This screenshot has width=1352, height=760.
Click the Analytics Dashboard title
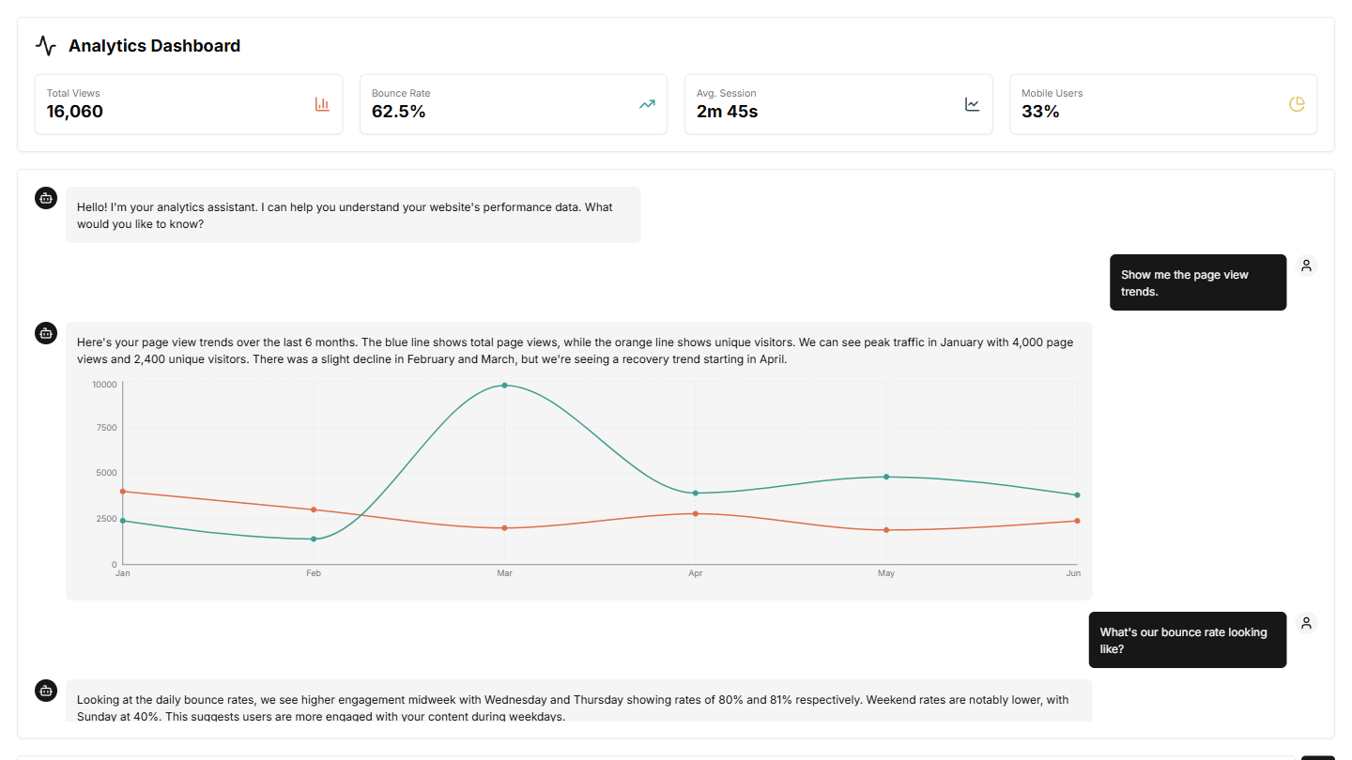click(154, 46)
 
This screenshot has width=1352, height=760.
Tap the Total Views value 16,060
click(75, 112)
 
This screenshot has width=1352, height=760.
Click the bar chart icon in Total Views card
click(322, 104)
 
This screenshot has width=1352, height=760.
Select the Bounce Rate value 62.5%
click(399, 112)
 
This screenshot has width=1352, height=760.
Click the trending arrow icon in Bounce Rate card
click(647, 104)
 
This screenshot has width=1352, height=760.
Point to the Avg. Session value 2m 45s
click(727, 112)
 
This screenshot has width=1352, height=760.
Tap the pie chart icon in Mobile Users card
click(1297, 104)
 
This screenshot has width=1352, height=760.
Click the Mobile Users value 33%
click(1040, 112)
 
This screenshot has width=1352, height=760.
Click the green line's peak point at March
click(504, 385)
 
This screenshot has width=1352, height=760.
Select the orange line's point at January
click(123, 492)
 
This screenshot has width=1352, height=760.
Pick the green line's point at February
click(314, 539)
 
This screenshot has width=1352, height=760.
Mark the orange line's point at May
click(885, 530)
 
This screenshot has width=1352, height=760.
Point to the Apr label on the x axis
click(695, 573)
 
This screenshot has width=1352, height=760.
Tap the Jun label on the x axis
click(1073, 573)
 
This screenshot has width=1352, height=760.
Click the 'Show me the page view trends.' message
click(1197, 282)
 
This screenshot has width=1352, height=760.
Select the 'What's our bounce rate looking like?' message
click(1187, 640)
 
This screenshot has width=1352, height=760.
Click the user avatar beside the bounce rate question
click(1306, 623)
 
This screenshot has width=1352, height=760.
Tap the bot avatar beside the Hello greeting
click(46, 198)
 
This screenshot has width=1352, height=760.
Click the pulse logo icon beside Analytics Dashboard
click(46, 46)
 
